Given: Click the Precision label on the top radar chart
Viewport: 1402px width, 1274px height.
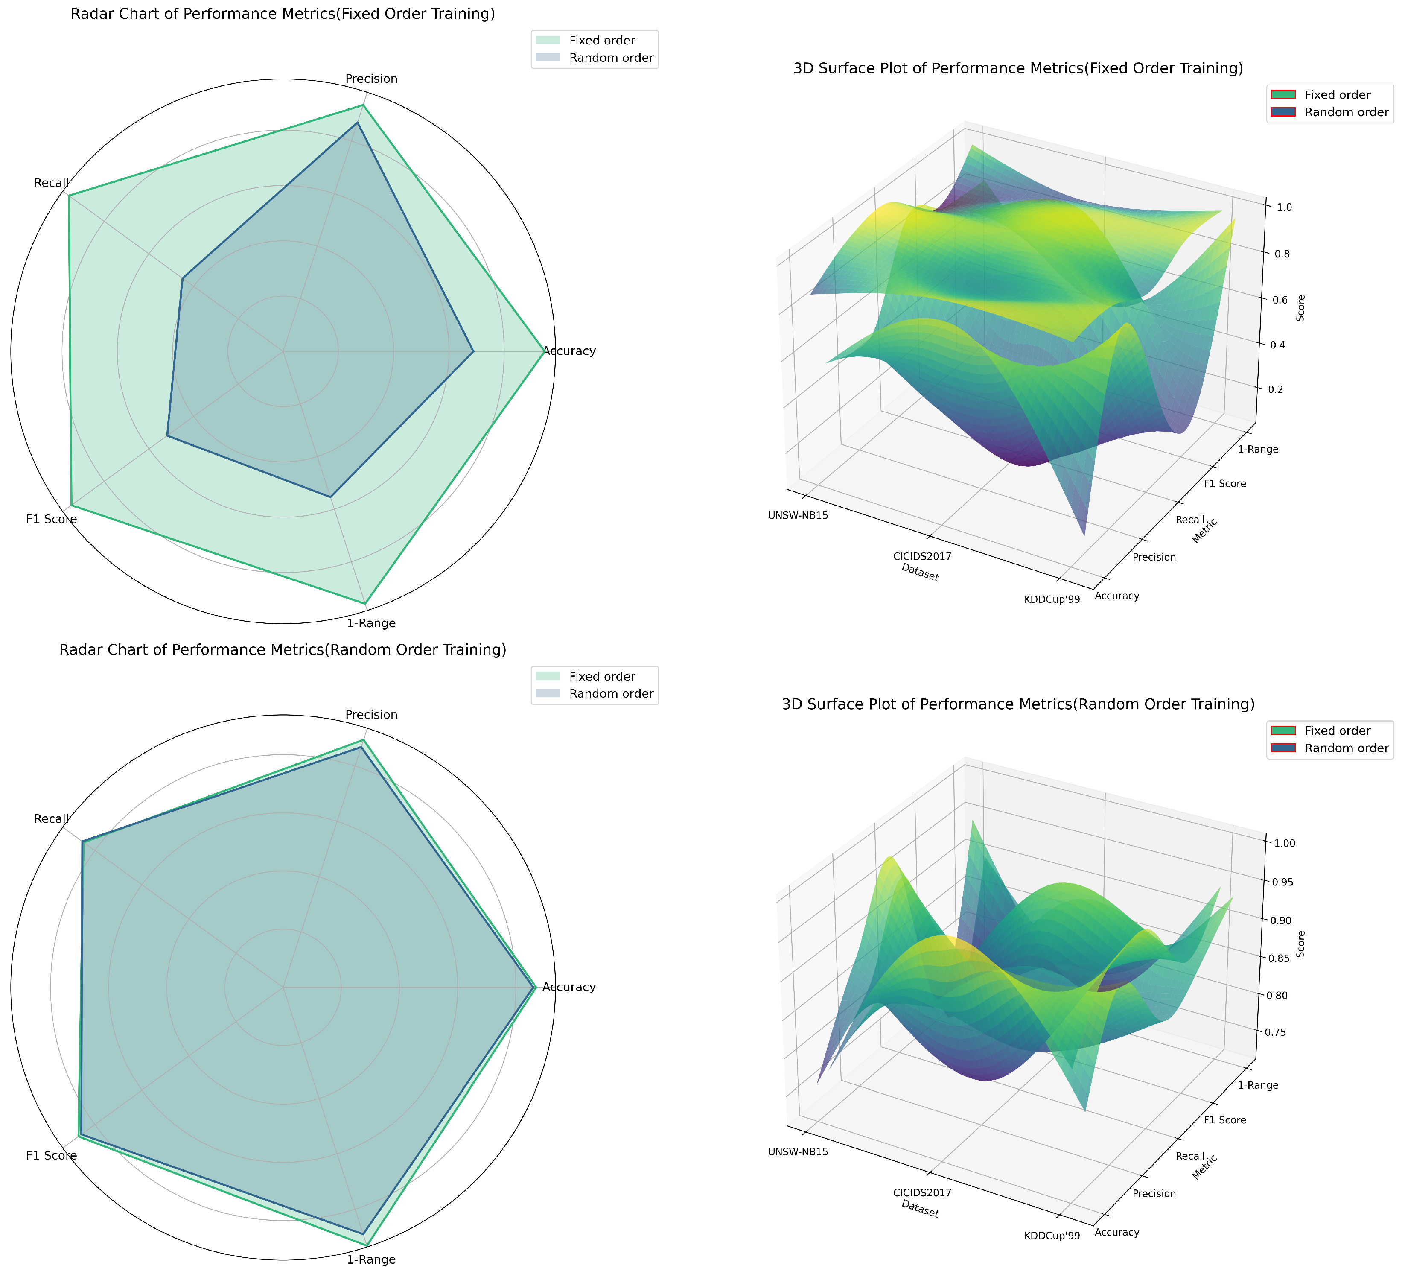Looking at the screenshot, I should click(371, 79).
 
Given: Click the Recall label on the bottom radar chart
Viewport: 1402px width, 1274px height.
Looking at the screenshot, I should click(52, 819).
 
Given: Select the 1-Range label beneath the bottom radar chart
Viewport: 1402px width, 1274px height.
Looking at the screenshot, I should click(371, 1259).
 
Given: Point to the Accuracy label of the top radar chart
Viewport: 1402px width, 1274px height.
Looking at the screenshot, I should click(569, 351).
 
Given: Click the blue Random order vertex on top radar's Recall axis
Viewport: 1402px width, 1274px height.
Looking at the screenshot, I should click(182, 278).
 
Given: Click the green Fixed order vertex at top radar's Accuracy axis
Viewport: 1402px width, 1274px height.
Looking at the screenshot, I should click(544, 351).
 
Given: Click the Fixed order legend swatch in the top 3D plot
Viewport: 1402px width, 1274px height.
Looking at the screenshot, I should click(1283, 95).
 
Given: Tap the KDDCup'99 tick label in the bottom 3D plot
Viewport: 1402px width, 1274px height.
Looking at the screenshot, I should click(1052, 1236).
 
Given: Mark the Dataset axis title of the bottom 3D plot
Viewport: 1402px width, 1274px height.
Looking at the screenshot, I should click(919, 1209).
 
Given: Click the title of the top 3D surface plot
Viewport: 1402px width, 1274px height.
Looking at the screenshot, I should click(1017, 68).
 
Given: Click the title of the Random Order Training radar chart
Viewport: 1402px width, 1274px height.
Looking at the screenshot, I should click(283, 650).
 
